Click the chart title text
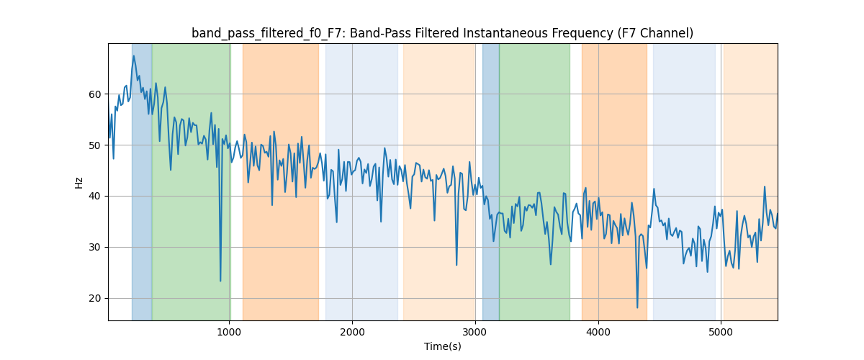pos(442,33)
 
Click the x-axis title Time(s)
pos(442,346)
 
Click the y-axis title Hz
pos(79,182)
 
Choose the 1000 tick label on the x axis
pos(229,331)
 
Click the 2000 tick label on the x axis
pos(352,331)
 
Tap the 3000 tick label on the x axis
pos(475,331)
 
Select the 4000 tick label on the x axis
pos(598,331)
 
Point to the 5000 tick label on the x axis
pos(721,331)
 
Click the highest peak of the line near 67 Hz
pos(133,56)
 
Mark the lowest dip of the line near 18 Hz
pos(637,307)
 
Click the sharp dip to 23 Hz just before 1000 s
pos(220,281)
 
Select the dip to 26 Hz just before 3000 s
pos(456,264)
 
